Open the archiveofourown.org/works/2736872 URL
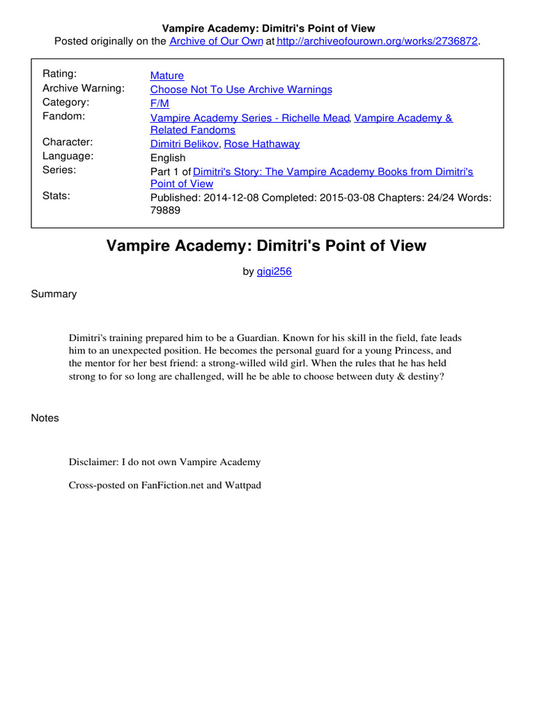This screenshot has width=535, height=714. [377, 42]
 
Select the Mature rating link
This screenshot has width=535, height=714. [167, 75]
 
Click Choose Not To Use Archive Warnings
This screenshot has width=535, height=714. [241, 89]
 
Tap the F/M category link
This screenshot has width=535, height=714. [160, 103]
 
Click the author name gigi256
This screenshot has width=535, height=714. [274, 272]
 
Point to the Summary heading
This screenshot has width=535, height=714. [54, 294]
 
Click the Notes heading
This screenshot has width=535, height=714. [45, 418]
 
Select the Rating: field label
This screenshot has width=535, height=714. [60, 74]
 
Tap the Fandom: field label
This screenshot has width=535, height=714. [63, 116]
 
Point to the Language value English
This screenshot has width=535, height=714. [168, 158]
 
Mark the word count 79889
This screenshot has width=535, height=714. [165, 211]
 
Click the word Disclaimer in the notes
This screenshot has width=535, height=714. [93, 462]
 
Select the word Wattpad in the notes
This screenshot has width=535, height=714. [242, 485]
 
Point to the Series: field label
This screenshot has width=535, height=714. [59, 169]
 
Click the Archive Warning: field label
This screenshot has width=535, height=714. [84, 88]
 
